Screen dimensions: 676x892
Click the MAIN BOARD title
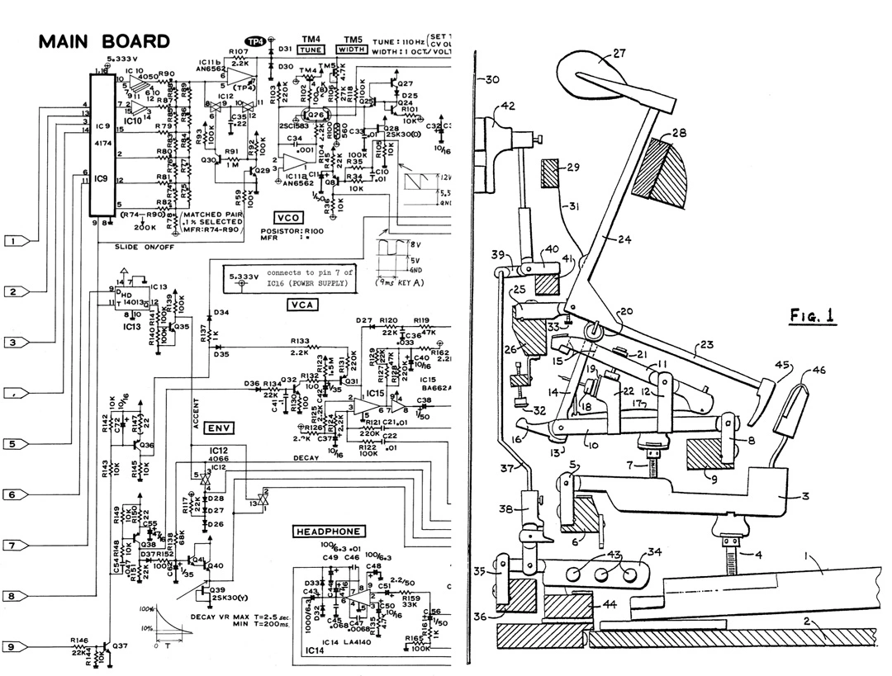[104, 42]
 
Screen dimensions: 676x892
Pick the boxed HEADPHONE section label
[329, 532]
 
